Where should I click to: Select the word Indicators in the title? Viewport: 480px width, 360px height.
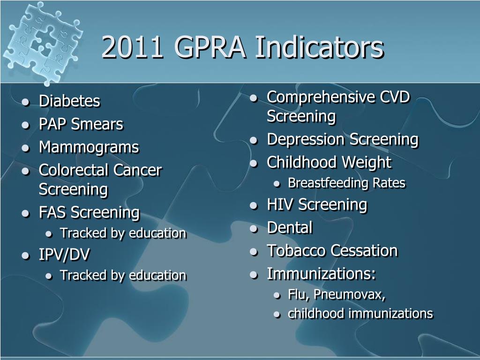click(319, 47)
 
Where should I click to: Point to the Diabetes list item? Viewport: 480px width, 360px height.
click(69, 101)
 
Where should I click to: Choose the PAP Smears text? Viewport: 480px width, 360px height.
click(81, 124)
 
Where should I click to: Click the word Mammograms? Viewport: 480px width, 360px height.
click(89, 147)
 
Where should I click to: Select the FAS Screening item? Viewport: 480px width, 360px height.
click(89, 212)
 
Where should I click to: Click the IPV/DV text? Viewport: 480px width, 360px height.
click(64, 255)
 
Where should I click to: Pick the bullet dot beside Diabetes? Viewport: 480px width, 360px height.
click(25, 102)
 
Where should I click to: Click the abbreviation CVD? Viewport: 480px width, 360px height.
click(395, 97)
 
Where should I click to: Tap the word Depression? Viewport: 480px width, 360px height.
click(307, 139)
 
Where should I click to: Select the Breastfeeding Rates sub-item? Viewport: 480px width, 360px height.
click(346, 183)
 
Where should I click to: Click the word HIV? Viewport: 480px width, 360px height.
click(280, 204)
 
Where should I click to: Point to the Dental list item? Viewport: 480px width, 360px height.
click(289, 228)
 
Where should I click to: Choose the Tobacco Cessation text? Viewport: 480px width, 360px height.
click(332, 251)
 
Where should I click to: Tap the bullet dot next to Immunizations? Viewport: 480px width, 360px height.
click(254, 275)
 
